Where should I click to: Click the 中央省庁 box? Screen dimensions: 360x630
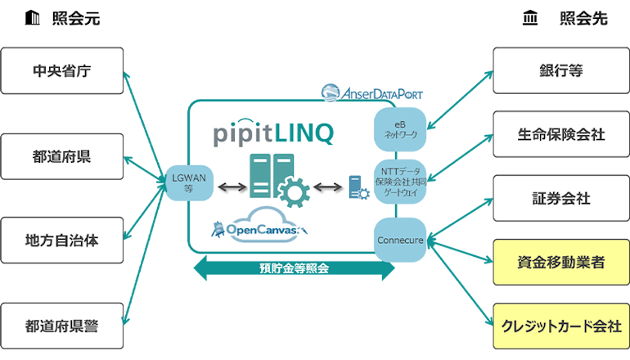62,70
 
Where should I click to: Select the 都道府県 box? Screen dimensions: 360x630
62,156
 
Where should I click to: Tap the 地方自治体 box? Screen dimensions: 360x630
62,241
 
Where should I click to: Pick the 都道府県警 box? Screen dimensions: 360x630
62,326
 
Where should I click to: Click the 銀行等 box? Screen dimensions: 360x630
561,70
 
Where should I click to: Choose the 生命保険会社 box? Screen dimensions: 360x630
561,134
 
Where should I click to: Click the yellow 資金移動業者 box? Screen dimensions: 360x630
561,262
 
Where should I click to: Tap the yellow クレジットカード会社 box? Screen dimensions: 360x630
561,326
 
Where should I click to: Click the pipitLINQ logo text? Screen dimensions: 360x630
272,133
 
